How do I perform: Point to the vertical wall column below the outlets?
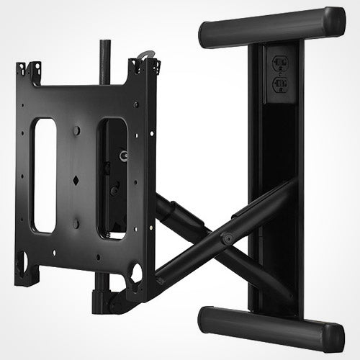[272, 216]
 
